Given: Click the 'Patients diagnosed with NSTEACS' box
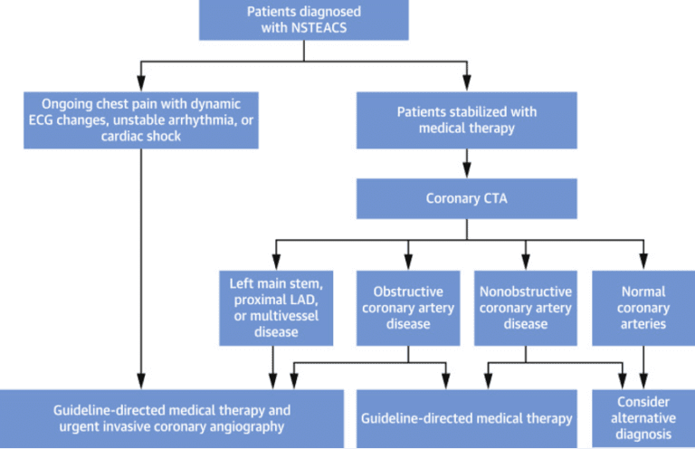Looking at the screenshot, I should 303,19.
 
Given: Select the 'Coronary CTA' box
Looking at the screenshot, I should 466,197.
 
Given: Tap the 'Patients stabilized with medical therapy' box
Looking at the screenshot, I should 466,120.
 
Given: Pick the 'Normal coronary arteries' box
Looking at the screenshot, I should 643,308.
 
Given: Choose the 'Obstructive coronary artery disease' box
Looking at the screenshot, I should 408,308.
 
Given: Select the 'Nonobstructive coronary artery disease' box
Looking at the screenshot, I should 525,308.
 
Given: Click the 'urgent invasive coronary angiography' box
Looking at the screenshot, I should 172,418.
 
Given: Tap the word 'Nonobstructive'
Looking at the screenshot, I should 525,291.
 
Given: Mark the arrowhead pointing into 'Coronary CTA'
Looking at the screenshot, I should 466,172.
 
